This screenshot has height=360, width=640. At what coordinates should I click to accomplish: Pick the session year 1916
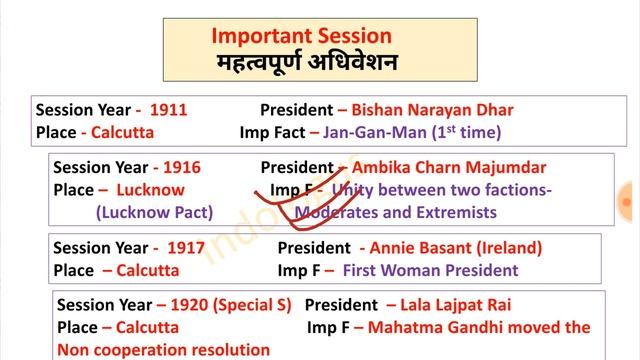(x=180, y=168)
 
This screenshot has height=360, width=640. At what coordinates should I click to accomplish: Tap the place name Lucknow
(x=150, y=190)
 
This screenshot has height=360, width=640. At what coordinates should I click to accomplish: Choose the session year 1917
(x=186, y=248)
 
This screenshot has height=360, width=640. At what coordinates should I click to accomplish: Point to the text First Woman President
(x=430, y=270)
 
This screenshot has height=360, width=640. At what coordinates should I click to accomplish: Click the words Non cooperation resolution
(x=163, y=349)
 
